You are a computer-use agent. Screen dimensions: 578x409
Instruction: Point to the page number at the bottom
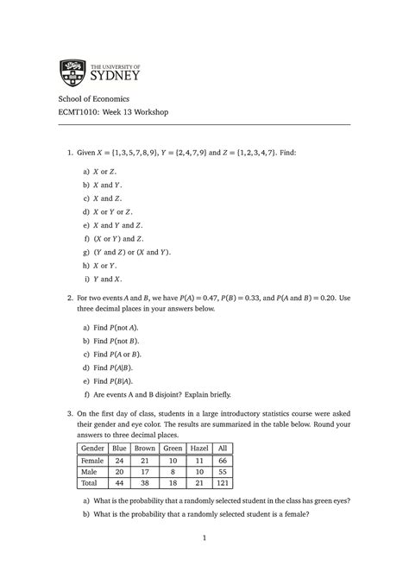pyautogui.click(x=204, y=539)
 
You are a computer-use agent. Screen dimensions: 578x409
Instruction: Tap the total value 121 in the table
pyautogui.click(x=224, y=487)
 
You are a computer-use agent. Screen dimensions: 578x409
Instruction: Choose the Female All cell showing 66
pyautogui.click(x=224, y=462)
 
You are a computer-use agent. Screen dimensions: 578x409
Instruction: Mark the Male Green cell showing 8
pyautogui.click(x=173, y=474)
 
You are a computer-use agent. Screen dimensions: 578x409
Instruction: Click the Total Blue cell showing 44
pyautogui.click(x=119, y=487)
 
